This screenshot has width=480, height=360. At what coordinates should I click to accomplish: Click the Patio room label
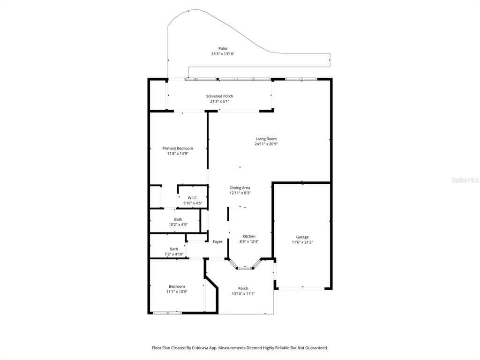(223, 48)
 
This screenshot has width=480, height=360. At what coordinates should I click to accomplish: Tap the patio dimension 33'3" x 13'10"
(223, 54)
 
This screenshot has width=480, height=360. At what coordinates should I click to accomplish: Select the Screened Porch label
(219, 96)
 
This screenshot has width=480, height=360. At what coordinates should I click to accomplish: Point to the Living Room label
(266, 139)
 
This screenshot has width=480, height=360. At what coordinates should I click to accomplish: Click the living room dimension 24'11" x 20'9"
(266, 144)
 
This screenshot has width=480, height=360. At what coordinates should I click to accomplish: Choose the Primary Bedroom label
(178, 148)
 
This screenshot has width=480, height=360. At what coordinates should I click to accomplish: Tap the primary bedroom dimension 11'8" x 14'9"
(178, 154)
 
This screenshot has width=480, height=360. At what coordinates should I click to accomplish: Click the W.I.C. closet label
(192, 198)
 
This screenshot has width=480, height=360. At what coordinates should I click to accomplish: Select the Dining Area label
(240, 187)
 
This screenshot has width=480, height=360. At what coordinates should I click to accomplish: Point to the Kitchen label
(249, 236)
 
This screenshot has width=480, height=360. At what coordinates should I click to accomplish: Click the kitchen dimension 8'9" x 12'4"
(249, 242)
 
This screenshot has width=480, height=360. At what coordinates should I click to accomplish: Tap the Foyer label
(217, 242)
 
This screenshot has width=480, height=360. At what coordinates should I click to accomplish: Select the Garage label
(302, 237)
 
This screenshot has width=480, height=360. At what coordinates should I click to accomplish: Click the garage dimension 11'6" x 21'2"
(302, 242)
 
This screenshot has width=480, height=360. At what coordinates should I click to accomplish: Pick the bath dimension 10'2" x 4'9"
(178, 225)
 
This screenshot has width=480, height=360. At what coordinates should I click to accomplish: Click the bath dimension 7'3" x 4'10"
(173, 255)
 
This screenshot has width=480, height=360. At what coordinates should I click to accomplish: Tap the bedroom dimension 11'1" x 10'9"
(177, 292)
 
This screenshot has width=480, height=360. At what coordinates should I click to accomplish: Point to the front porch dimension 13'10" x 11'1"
(243, 294)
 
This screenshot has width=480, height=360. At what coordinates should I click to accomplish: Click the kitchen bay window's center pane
(244, 268)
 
